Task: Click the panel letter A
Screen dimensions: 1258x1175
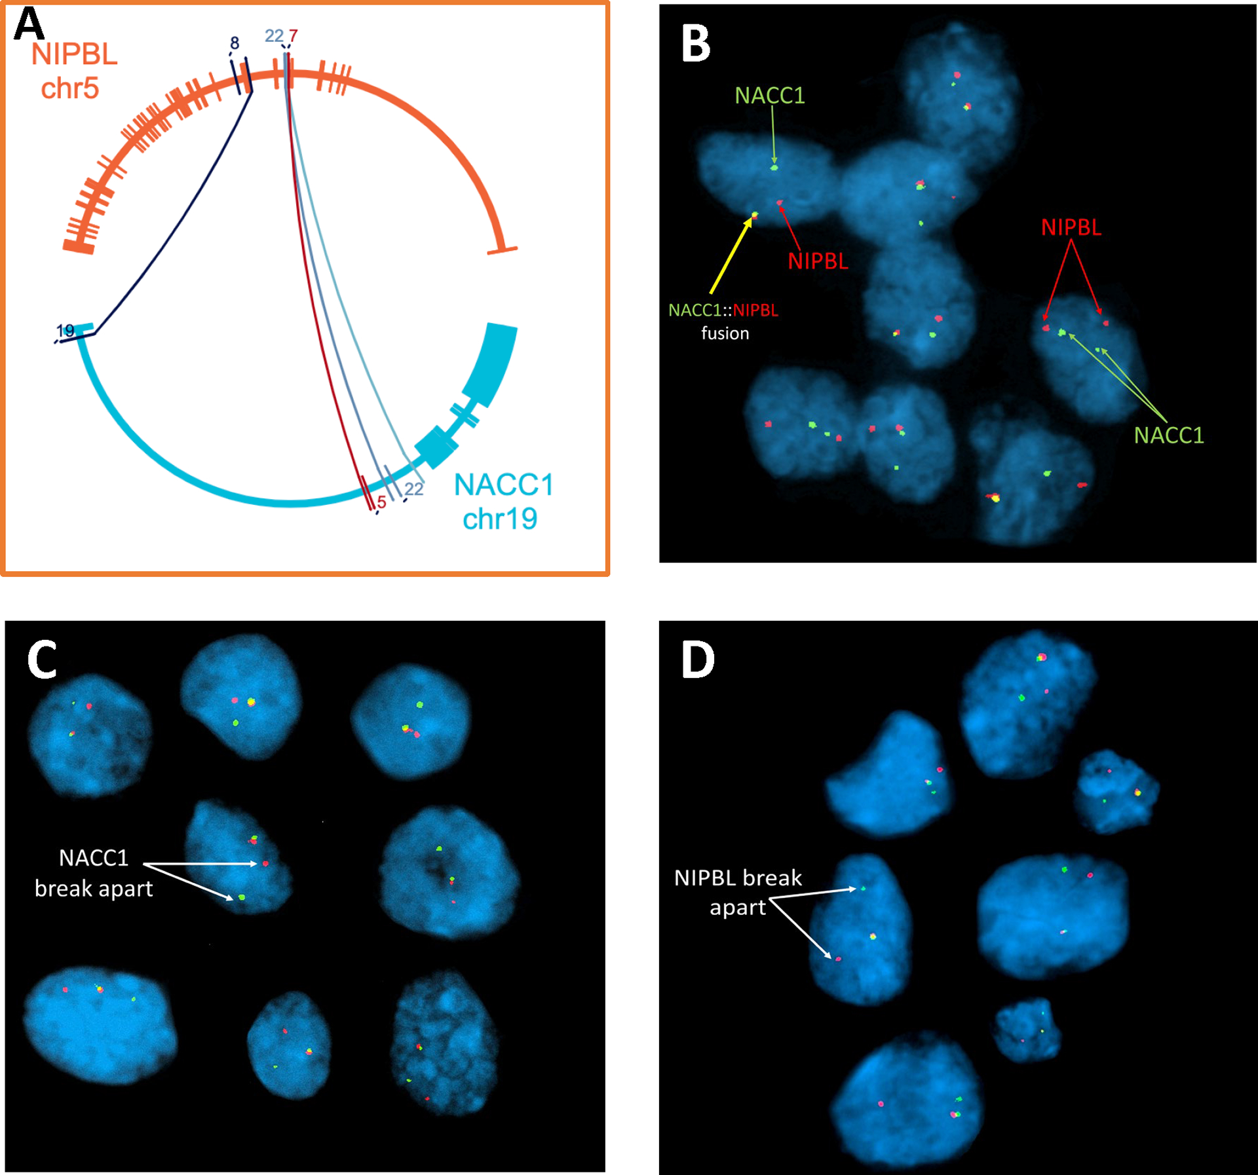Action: coord(29,24)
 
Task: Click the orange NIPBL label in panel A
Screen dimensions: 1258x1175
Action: coord(74,54)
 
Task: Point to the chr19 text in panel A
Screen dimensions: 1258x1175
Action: coord(500,519)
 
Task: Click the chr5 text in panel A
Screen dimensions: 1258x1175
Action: coord(69,88)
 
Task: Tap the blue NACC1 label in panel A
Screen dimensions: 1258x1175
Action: coord(504,485)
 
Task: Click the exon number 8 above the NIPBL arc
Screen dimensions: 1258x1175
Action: coord(235,43)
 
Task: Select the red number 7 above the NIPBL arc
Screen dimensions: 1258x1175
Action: coord(293,36)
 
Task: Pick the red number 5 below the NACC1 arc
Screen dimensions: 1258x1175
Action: coord(381,503)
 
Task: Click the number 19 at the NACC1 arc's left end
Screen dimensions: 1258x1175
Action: coord(66,331)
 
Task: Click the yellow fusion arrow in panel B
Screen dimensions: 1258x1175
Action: coord(731,256)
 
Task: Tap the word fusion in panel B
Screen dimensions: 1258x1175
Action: coord(725,333)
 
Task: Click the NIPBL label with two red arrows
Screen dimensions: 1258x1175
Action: coord(1071,227)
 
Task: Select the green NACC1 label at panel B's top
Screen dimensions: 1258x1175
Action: coord(769,96)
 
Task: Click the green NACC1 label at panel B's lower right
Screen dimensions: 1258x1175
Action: coord(1169,436)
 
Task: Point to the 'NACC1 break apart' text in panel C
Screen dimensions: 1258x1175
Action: coord(94,873)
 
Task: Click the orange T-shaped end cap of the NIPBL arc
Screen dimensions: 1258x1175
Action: coord(503,250)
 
